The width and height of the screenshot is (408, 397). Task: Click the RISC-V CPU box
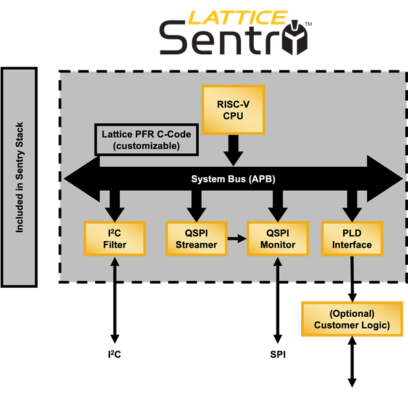pyautogui.click(x=233, y=110)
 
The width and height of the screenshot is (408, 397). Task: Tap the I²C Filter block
pyautogui.click(x=115, y=239)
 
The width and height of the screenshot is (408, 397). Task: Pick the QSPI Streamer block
pyautogui.click(x=196, y=239)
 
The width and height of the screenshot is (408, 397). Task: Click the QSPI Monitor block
pyautogui.click(x=278, y=239)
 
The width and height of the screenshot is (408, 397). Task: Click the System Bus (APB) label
pyautogui.click(x=233, y=179)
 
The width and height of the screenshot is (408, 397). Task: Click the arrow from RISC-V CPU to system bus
pyautogui.click(x=233, y=150)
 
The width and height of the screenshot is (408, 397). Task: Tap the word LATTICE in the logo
pyautogui.click(x=237, y=17)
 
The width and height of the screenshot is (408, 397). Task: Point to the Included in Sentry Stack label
pyautogui.click(x=19, y=177)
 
